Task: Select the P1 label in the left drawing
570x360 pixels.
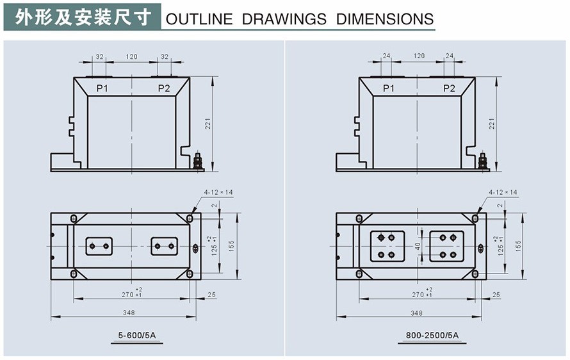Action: (x=102, y=88)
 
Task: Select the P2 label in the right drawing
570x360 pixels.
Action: (x=449, y=88)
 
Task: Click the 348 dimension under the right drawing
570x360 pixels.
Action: (x=417, y=313)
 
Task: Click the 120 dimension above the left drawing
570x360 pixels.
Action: (x=131, y=56)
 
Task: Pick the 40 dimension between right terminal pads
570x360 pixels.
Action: (x=418, y=245)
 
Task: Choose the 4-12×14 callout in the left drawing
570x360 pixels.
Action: (x=216, y=192)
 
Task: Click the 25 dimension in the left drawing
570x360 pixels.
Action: (x=211, y=295)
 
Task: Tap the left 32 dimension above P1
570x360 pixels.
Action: (x=100, y=56)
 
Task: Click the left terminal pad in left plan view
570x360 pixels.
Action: (x=99, y=246)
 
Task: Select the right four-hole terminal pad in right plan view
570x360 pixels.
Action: (x=447, y=245)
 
